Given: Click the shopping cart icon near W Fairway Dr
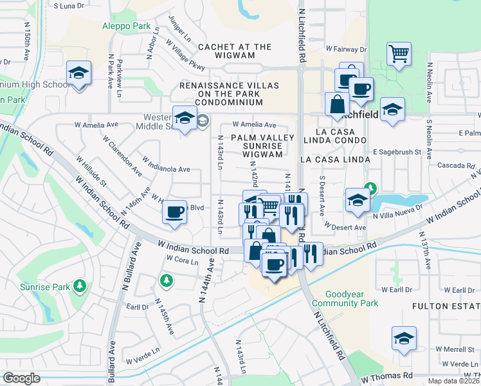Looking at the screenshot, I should coord(399,53).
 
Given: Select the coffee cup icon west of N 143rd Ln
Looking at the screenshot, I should coord(174,212).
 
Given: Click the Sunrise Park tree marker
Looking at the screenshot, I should coord(80,285).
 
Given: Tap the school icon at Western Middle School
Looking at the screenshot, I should coord(185,118).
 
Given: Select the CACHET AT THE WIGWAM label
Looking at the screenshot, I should coord(235,47).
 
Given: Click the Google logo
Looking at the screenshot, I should coord(21,378).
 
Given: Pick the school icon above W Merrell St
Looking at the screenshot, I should coord(403,337).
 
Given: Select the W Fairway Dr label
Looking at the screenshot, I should coord(346,49).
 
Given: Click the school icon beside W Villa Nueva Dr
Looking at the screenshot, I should coord(357,199).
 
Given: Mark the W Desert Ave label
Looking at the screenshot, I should coord(345,227).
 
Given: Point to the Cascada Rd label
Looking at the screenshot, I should coord(455,165).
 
